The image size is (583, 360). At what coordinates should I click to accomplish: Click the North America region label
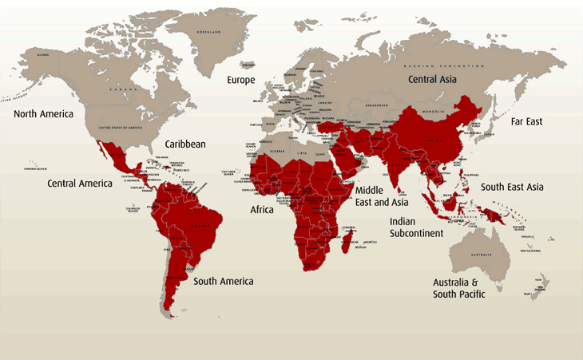[43, 113]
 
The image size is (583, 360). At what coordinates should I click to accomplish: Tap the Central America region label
[79, 184]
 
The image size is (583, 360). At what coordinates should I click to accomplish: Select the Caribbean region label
[185, 144]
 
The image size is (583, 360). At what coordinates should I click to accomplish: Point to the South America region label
[224, 281]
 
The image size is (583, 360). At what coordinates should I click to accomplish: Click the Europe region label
[240, 81]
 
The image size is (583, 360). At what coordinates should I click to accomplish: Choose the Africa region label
[262, 211]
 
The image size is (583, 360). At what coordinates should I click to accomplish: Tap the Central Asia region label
[433, 80]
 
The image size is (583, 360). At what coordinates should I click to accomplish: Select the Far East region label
[526, 121]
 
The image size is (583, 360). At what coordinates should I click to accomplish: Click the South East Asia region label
[513, 187]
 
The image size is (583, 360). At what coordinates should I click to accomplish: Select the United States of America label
[120, 128]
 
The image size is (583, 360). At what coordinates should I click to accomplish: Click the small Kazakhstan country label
[375, 105]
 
